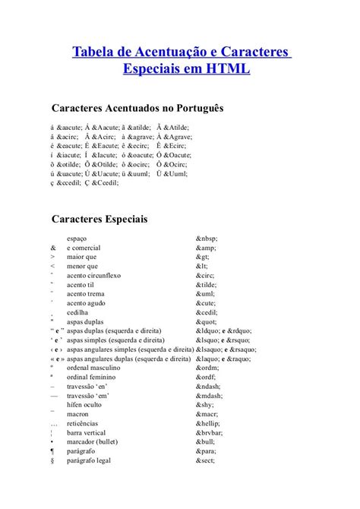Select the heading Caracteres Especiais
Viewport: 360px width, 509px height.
[99, 220]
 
